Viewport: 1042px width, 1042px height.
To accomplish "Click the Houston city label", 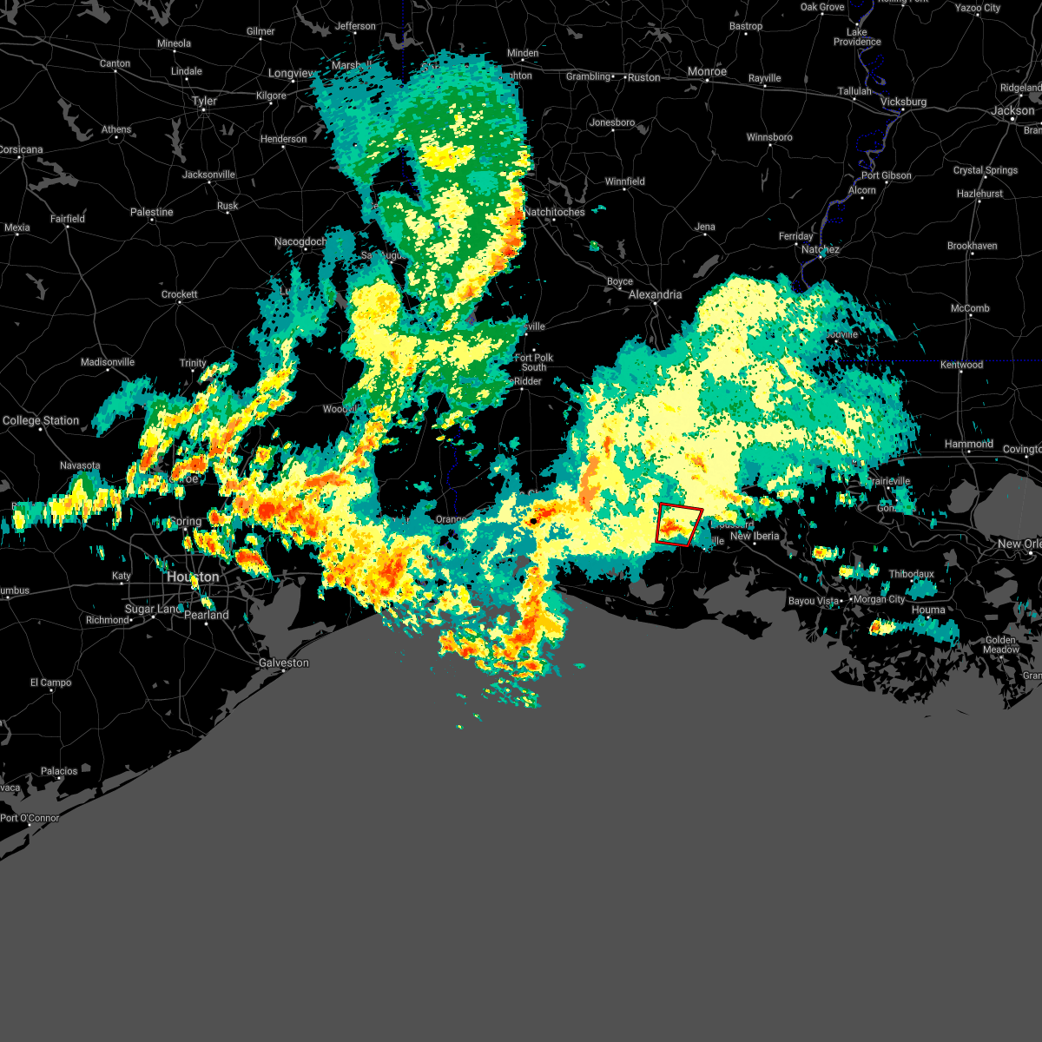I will pyautogui.click(x=193, y=577).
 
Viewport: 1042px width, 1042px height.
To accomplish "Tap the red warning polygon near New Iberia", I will pyautogui.click(x=679, y=524).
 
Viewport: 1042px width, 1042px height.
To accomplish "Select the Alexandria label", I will pyautogui.click(x=656, y=294).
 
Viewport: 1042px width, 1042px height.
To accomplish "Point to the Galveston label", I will pyautogui.click(x=284, y=663).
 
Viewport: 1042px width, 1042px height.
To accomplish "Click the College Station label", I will pyautogui.click(x=41, y=420).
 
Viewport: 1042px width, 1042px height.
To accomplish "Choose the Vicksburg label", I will pyautogui.click(x=904, y=102).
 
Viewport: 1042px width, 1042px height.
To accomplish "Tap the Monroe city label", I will pyautogui.click(x=707, y=71).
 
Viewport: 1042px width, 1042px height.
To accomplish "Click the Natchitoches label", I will pyautogui.click(x=555, y=212).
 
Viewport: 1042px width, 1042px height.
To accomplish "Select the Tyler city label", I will pyautogui.click(x=205, y=101).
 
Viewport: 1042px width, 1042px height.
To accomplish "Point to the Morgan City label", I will pyautogui.click(x=879, y=599).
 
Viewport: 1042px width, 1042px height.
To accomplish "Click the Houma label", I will pyautogui.click(x=928, y=610).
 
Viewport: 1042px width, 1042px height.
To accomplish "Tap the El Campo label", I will pyautogui.click(x=51, y=683).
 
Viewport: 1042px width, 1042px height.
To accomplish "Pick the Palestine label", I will pyautogui.click(x=152, y=212).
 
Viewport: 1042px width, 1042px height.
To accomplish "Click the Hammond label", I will pyautogui.click(x=969, y=444).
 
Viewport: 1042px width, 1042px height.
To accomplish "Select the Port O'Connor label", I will pyautogui.click(x=30, y=818).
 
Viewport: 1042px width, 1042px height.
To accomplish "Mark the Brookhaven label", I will pyautogui.click(x=973, y=246).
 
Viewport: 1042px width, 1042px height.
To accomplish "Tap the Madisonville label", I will pyautogui.click(x=108, y=362).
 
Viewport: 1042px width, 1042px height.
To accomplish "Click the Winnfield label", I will pyautogui.click(x=625, y=181).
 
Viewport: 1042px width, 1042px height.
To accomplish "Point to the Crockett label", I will pyautogui.click(x=180, y=294).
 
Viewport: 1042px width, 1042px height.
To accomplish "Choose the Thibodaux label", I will pyautogui.click(x=912, y=574).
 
